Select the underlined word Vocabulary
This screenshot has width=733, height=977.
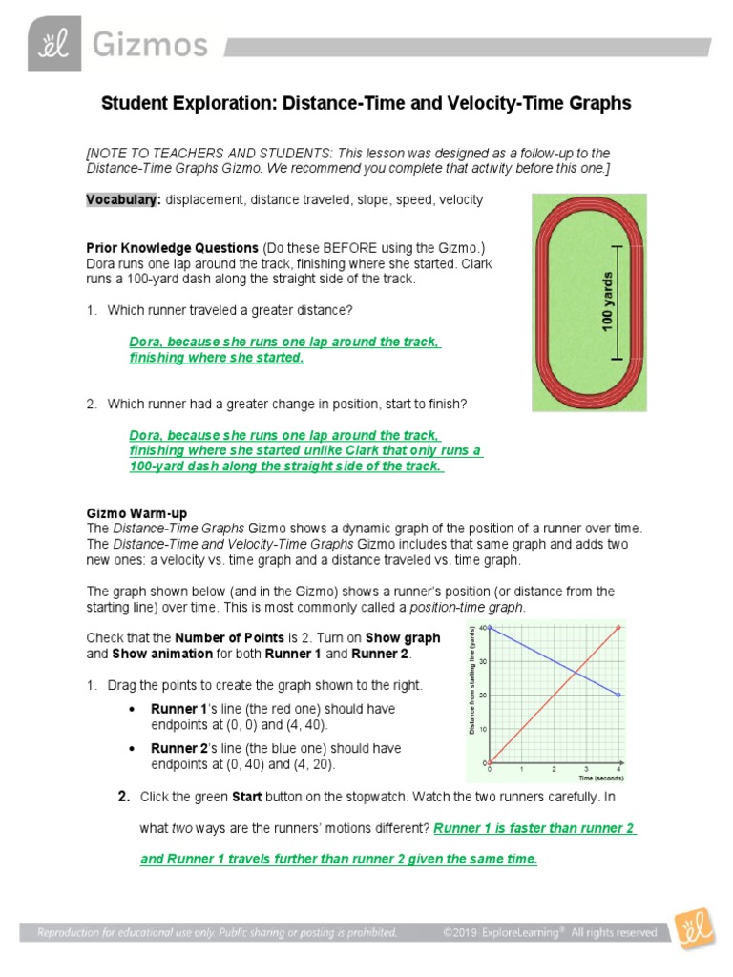(121, 199)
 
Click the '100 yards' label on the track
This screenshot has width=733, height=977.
(608, 302)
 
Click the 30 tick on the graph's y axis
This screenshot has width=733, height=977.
(483, 661)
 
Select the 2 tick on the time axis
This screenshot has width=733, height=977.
(554, 768)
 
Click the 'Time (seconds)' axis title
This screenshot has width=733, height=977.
(597, 780)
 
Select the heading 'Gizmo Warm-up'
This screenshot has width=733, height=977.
(134, 513)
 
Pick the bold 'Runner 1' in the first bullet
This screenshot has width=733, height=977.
(178, 709)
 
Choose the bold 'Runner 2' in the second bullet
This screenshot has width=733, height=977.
(178, 748)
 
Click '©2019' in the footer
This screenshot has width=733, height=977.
(461, 932)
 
